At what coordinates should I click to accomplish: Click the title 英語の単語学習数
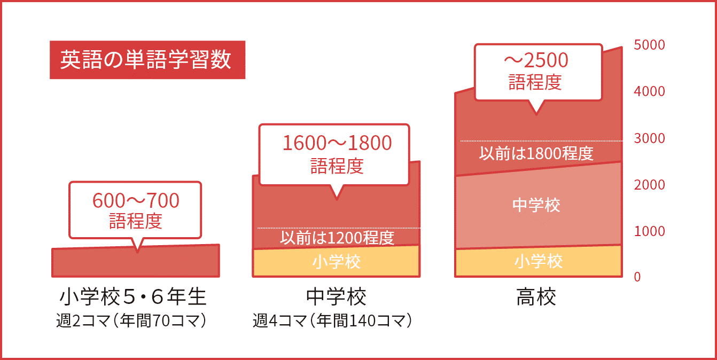point(146,59)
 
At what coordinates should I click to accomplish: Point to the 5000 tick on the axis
point(649,45)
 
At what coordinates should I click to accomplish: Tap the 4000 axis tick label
point(649,91)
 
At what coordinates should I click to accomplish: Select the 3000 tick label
point(649,138)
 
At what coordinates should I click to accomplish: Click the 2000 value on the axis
point(649,185)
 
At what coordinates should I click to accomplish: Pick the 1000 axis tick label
point(649,231)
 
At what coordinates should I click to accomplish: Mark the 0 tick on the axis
point(637,277)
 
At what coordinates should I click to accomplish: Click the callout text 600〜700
point(136,201)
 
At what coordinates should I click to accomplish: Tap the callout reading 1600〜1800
point(337,143)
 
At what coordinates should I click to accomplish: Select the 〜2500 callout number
point(536,60)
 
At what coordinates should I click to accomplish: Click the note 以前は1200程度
point(337,238)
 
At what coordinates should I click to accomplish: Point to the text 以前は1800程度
point(536,153)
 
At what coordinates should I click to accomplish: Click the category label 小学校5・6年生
point(133,296)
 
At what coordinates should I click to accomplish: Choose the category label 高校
point(536,296)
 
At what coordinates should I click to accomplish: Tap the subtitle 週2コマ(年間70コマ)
point(132,320)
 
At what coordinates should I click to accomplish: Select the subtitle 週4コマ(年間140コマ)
point(333,320)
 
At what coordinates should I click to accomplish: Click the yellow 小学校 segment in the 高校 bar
point(539,261)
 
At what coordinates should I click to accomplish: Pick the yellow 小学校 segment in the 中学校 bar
point(336,262)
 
